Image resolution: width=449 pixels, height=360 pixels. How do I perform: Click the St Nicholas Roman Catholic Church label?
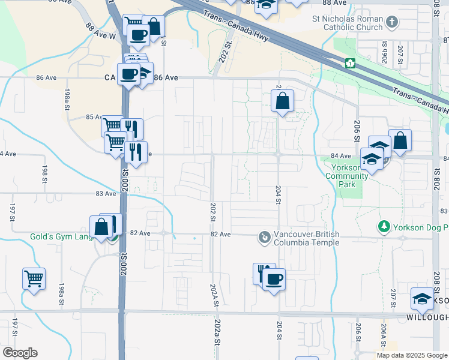(x=347, y=23)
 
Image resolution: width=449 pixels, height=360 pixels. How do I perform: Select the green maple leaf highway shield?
(x=349, y=63)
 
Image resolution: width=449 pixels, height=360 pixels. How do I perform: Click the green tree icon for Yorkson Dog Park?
(x=383, y=227)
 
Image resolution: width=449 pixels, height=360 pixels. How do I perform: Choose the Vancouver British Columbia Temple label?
(x=306, y=238)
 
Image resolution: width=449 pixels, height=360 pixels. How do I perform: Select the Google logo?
(x=20, y=353)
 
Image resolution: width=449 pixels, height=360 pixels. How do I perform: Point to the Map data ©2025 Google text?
(x=412, y=355)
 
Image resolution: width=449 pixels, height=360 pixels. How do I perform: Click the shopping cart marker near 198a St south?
(x=34, y=278)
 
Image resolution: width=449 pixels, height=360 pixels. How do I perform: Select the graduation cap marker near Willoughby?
(x=422, y=299)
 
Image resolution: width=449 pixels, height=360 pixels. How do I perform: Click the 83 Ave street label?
(x=106, y=193)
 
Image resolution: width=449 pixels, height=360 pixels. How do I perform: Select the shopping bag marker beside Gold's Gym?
(x=101, y=227)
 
